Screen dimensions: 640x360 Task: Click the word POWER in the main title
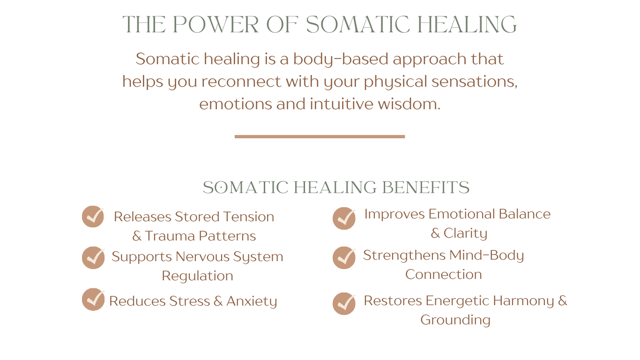[x=216, y=24]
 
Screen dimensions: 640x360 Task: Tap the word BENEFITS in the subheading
[x=426, y=187]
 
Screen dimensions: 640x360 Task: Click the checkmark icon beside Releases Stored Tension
[x=93, y=217]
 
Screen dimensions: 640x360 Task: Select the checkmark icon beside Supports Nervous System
[x=93, y=258]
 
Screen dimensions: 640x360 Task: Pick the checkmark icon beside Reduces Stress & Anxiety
[x=93, y=300]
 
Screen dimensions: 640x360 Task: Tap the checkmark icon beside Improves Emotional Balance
[x=344, y=218]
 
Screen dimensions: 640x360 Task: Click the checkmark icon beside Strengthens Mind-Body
[x=344, y=258]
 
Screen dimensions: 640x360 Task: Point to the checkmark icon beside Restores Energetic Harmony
[x=344, y=304]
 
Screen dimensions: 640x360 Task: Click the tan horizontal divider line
[x=320, y=137]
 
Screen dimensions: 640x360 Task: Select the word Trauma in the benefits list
[x=170, y=236]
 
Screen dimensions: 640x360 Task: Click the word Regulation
[x=197, y=276]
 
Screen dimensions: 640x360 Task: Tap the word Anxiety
[x=252, y=301]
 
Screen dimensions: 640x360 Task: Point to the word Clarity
[x=465, y=233]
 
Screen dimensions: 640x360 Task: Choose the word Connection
[x=443, y=275]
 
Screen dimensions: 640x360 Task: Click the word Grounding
[x=455, y=320]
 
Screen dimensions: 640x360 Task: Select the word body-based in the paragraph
[x=341, y=59]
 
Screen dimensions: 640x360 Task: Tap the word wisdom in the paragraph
[x=409, y=104]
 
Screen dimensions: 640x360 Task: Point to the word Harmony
[x=523, y=301]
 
